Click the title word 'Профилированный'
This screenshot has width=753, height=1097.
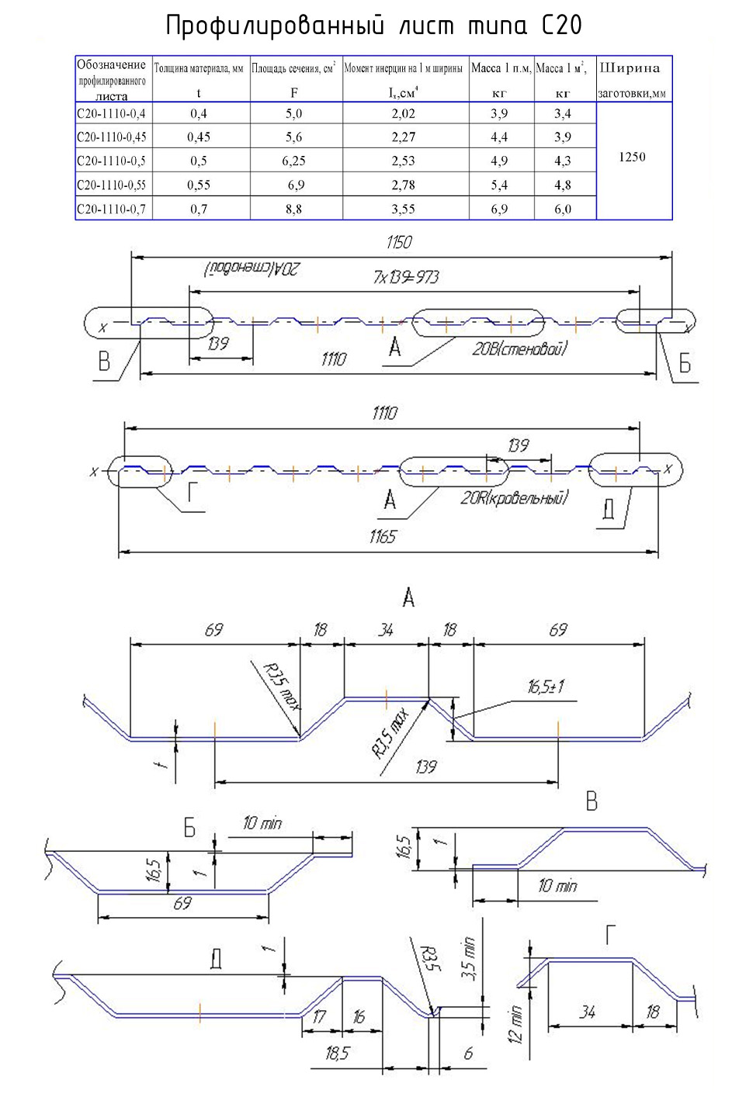(275, 26)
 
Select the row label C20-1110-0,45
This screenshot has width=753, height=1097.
(112, 137)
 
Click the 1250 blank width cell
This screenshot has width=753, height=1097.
(632, 157)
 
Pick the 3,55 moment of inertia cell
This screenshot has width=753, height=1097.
(403, 209)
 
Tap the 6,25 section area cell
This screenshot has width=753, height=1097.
(293, 161)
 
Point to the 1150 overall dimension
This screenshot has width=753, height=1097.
(399, 243)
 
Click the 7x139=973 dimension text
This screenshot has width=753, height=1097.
(406, 277)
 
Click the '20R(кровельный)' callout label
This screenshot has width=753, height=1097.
(514, 498)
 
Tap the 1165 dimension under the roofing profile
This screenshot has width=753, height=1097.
(382, 537)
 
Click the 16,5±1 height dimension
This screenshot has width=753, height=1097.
(546, 687)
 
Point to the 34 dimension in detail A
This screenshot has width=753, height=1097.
(386, 630)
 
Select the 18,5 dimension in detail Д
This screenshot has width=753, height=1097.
(337, 1053)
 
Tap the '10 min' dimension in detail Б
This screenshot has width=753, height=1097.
(262, 823)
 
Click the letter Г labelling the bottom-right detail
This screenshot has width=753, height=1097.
(611, 935)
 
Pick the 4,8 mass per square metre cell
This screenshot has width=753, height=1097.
(563, 185)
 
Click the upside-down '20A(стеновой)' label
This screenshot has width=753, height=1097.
(252, 269)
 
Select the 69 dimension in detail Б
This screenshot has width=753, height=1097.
(182, 903)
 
